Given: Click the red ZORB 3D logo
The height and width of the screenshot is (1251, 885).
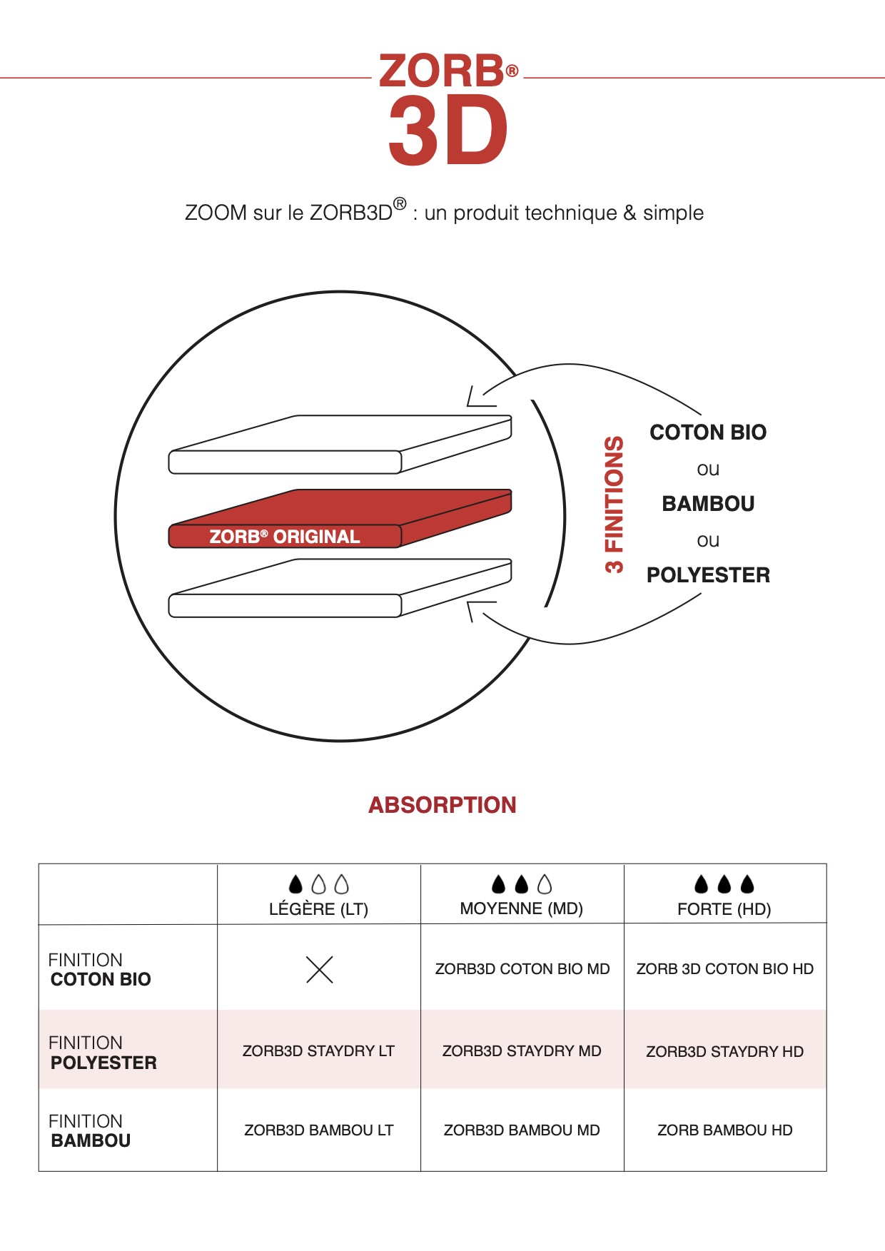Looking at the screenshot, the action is pos(448,109).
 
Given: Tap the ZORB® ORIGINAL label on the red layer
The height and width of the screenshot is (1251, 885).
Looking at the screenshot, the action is pos(284,537).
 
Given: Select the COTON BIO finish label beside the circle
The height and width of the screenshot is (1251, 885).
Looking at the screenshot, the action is pos(708,432).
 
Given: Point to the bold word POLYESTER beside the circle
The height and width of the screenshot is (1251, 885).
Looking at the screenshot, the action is pos(708,575).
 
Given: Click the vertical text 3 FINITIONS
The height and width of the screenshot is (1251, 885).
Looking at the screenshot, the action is pos(615,505).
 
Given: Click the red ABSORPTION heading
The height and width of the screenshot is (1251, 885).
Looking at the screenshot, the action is pos(442,805).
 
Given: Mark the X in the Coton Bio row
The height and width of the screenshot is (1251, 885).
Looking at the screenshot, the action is pos(320,969).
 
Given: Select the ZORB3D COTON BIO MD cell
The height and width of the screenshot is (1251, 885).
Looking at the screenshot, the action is pos(522,969).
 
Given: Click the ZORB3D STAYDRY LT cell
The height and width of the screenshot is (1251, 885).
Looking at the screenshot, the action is pos(318,1051).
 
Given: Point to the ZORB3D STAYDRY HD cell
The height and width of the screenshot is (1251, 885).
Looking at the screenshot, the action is pos(725,1052).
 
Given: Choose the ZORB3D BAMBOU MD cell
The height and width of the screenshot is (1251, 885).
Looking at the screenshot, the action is pos(522,1130).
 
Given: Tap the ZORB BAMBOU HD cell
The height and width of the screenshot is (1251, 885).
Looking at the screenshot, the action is pos(725,1130).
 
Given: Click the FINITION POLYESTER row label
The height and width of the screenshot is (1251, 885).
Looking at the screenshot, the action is pos(103,1053).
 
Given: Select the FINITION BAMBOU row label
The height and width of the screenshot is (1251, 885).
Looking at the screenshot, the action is pos(90,1131).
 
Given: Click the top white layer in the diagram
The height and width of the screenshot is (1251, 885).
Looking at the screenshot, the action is pos(340,444).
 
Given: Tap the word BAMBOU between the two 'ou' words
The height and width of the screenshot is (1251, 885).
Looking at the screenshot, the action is pos(708,504).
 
